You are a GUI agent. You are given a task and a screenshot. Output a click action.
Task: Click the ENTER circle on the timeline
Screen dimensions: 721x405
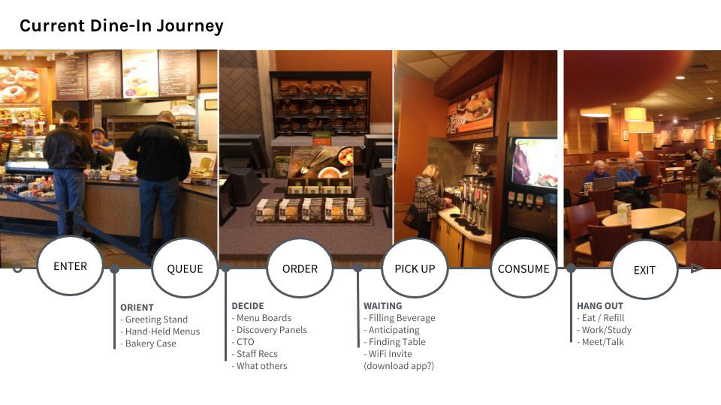click(x=70, y=265)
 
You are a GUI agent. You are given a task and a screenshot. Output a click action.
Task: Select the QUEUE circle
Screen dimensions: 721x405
click(x=185, y=268)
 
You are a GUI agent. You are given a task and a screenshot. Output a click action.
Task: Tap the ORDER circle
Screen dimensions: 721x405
click(x=300, y=268)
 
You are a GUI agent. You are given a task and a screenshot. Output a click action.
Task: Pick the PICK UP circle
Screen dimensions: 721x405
click(x=415, y=268)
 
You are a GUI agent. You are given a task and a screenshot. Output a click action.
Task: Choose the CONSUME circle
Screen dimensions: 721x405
click(x=523, y=268)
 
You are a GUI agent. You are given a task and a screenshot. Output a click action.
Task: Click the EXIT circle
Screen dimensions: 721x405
click(x=644, y=270)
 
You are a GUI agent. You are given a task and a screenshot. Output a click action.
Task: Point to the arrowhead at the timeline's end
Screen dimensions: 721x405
click(x=698, y=268)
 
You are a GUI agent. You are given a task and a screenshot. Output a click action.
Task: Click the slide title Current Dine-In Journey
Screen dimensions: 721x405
click(x=122, y=25)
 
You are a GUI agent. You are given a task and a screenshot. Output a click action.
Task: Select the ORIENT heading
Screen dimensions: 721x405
click(x=137, y=307)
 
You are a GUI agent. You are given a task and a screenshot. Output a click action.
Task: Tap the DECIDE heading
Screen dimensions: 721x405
click(x=248, y=306)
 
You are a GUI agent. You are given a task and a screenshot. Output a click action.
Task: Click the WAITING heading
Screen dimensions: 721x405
click(x=382, y=306)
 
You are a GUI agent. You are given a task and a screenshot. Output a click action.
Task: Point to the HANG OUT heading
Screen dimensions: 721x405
click(x=600, y=306)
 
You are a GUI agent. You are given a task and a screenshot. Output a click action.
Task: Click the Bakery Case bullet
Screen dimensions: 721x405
click(x=148, y=343)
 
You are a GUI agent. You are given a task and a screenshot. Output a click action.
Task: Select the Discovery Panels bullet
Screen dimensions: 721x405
click(x=269, y=330)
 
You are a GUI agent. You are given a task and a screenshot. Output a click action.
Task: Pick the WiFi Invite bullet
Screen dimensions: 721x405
click(x=388, y=353)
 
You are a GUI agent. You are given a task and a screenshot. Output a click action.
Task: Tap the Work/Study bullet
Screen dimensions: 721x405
click(x=604, y=330)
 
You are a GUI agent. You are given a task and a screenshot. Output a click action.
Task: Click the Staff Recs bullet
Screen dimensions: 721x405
click(x=255, y=353)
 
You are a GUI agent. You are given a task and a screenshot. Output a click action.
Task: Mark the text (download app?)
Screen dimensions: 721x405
click(x=399, y=366)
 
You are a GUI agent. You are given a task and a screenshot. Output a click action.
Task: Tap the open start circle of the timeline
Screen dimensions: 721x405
click(x=17, y=268)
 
